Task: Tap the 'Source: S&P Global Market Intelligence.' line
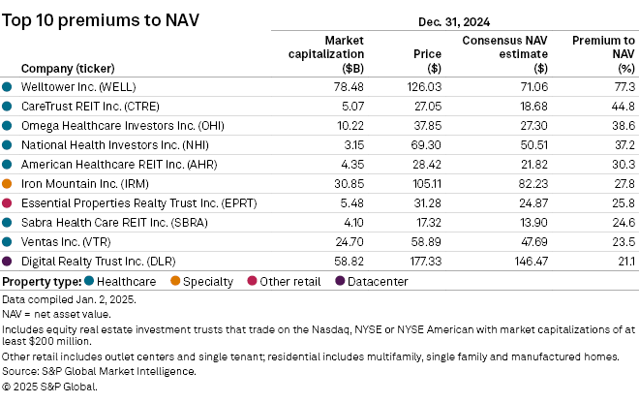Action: click(x=99, y=371)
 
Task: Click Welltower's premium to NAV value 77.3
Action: click(x=623, y=87)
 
